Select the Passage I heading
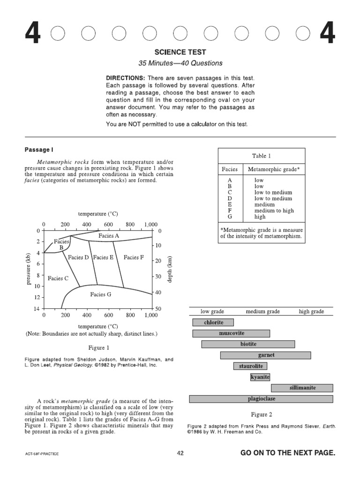pos(39,150)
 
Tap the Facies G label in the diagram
pos(101,294)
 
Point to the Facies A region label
pos(108,236)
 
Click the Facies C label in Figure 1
pos(58,278)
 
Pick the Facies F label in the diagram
pos(134,257)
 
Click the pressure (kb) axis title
pos(29,269)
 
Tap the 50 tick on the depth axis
pos(158,309)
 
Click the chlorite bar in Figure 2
pos(213,322)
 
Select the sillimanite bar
pos(302,388)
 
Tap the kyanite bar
pos(260,377)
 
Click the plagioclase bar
pos(261,399)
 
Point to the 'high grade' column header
pos(311,311)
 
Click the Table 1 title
pos(261,156)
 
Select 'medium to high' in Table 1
pos(274,210)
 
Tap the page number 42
pos(180,453)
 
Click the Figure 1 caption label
pos(98,348)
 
